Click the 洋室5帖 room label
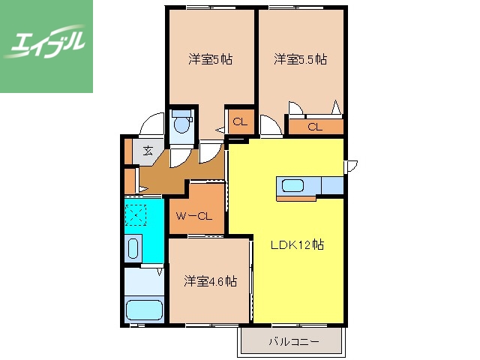pos(209,59)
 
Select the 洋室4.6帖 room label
pos(211,281)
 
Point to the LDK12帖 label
pos(297,244)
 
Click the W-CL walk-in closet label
pos(194,216)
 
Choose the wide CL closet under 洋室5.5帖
pos(314,127)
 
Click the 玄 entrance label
pos(148,151)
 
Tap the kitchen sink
pos(291,185)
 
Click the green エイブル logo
pos(46,46)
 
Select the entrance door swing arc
pos(152,121)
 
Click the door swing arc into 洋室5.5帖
pos(270,124)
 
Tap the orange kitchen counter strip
pos(300,199)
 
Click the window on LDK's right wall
pos(349,166)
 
